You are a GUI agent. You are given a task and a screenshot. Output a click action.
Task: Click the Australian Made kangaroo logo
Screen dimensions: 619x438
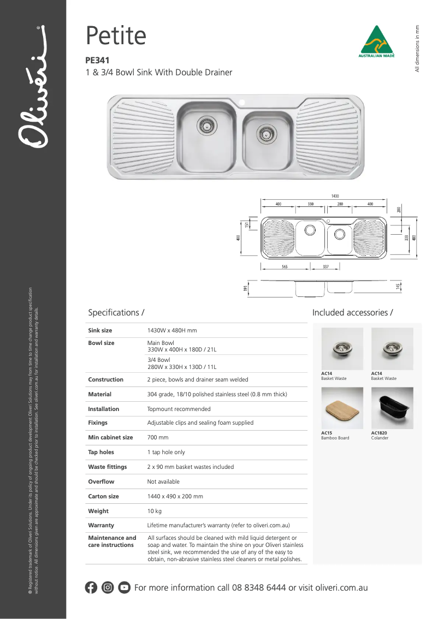[x=376, y=41]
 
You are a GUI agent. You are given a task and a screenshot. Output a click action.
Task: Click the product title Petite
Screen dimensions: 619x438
[x=116, y=36]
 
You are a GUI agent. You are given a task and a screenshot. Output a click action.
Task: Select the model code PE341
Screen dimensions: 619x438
[x=97, y=61]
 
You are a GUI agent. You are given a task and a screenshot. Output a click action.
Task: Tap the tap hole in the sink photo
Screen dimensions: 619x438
[x=242, y=102]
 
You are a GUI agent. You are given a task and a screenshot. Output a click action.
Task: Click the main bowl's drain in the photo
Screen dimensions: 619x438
[x=206, y=126]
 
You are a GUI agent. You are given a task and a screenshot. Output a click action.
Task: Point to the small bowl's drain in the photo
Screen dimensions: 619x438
[x=266, y=133]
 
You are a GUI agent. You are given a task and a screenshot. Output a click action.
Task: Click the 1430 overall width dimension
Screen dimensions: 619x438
[x=335, y=196]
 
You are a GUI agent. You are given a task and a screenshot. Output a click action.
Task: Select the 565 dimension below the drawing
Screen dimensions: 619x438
[x=285, y=267]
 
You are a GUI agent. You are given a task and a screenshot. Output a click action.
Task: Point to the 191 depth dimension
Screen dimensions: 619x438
[x=246, y=288]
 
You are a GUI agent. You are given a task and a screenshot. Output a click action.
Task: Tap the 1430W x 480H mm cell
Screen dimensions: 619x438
[x=172, y=331]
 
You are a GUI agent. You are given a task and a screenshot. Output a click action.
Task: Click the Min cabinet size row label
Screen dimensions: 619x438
[x=110, y=438]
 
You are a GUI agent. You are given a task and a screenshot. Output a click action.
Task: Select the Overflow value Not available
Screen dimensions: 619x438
[x=163, y=482]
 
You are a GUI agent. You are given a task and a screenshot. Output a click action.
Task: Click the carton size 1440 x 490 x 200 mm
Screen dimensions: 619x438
[x=175, y=497]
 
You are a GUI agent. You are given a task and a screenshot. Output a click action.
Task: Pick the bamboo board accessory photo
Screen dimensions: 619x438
[x=342, y=408]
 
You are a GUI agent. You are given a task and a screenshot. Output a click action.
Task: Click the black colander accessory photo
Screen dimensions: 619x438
[x=392, y=408]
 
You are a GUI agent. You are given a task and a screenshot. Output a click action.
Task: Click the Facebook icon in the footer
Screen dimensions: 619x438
[x=91, y=588]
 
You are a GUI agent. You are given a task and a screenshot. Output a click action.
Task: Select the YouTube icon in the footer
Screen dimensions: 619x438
[x=125, y=588]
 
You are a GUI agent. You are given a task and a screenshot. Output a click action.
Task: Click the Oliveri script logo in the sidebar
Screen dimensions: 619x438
[x=33, y=87]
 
